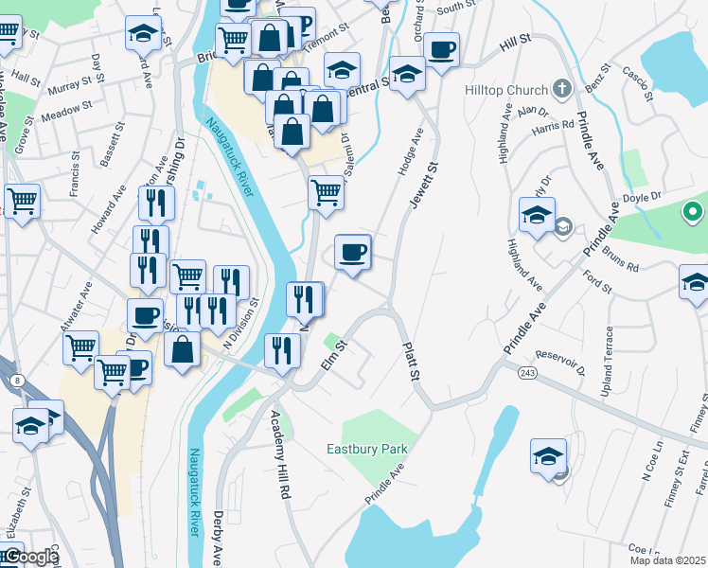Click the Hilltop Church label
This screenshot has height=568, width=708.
point(506,90)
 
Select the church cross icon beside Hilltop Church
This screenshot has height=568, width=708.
point(562,90)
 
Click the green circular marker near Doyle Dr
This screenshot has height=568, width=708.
point(693,211)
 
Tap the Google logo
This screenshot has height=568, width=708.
point(28,557)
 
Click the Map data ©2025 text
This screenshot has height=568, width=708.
point(668,560)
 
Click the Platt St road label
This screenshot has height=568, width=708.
point(411,362)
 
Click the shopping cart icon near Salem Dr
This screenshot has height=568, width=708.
point(327,191)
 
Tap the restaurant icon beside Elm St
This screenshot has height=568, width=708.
point(282,349)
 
